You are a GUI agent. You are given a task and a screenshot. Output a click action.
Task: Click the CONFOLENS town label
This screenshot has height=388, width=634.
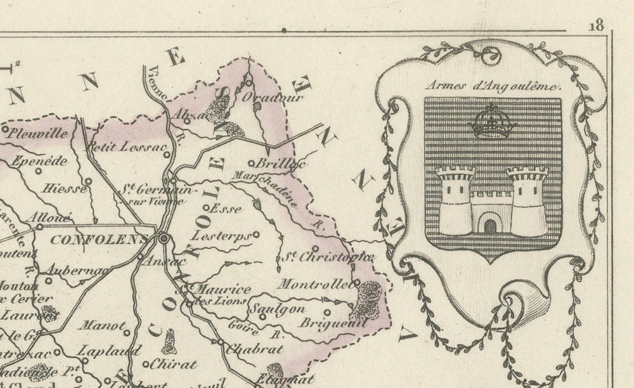(98, 240)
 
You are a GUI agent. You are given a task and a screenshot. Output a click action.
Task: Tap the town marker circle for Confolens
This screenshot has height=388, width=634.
(164, 239)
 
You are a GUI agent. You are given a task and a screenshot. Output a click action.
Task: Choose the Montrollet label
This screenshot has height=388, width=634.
(315, 285)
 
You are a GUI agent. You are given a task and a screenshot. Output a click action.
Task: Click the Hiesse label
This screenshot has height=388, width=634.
(61, 188)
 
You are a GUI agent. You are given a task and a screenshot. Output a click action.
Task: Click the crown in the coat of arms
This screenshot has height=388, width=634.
(491, 123)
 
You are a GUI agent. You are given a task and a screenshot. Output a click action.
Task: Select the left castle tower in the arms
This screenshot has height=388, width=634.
(455, 201)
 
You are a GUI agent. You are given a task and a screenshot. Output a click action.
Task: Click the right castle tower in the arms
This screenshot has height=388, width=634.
(527, 201)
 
